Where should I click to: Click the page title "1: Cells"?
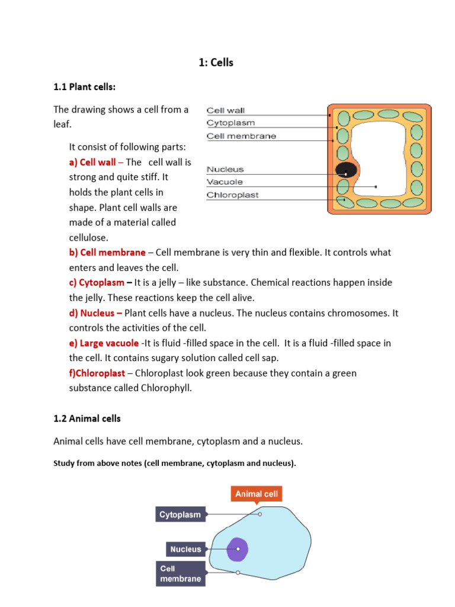coord(216,62)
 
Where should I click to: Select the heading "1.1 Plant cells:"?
coord(85,87)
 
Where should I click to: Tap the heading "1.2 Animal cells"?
coord(87,418)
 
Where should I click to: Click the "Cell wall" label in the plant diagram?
coord(225,110)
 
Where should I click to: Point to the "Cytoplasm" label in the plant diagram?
coord(230,123)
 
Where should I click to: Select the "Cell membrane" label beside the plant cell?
coord(241,136)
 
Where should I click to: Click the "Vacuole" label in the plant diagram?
coord(225,182)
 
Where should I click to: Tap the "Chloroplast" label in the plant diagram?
coord(232,195)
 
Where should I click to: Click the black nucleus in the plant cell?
coord(346,171)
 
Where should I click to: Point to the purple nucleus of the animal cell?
coord(237,549)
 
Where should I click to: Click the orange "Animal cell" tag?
coord(257,494)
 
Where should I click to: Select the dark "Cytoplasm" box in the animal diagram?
coord(181,515)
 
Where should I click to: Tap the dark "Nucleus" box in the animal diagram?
coord(186,550)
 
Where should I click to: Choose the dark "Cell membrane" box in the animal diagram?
coord(181,573)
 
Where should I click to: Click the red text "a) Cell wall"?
coord(92,162)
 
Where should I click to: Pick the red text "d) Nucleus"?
coord(95,313)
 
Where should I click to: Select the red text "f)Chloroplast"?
coord(97,373)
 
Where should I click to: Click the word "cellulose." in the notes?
coord(89,237)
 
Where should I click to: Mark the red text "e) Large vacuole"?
coord(104,343)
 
